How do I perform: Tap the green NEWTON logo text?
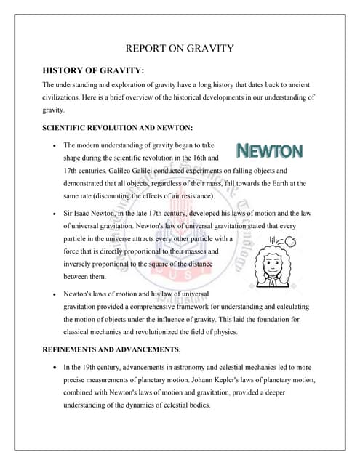click(x=270, y=152)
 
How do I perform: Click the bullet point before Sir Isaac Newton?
click(x=56, y=214)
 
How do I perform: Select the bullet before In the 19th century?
click(x=56, y=367)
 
